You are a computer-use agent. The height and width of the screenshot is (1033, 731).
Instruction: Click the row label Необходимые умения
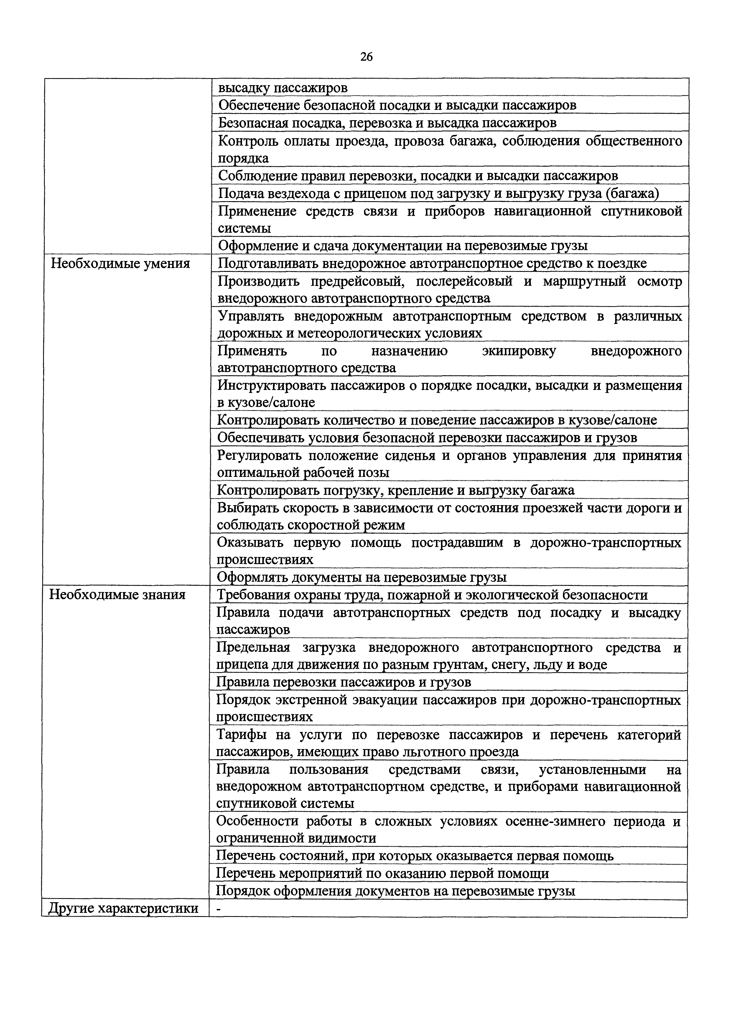point(120,263)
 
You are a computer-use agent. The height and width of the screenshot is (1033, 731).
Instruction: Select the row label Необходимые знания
point(117,595)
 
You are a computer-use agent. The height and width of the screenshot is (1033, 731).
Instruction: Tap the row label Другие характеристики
point(123,908)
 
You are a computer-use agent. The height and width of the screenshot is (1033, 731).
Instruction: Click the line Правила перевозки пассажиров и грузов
point(343,682)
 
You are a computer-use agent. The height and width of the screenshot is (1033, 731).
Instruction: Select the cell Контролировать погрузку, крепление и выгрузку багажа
point(396,490)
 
